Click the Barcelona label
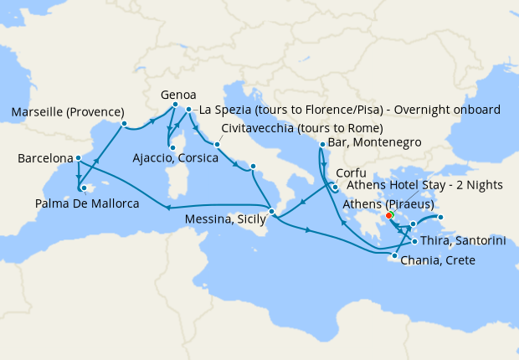[x=44, y=157]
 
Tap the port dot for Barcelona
[x=78, y=157]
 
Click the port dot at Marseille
[x=124, y=124]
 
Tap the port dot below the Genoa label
[x=175, y=105]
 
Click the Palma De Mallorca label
[x=87, y=203]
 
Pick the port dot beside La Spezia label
[x=189, y=110]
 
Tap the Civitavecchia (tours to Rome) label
[x=302, y=128]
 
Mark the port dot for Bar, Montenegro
[x=321, y=145]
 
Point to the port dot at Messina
[x=271, y=211]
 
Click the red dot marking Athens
[x=389, y=216]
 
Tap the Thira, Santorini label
[x=459, y=240]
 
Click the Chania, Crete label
[x=439, y=260]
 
